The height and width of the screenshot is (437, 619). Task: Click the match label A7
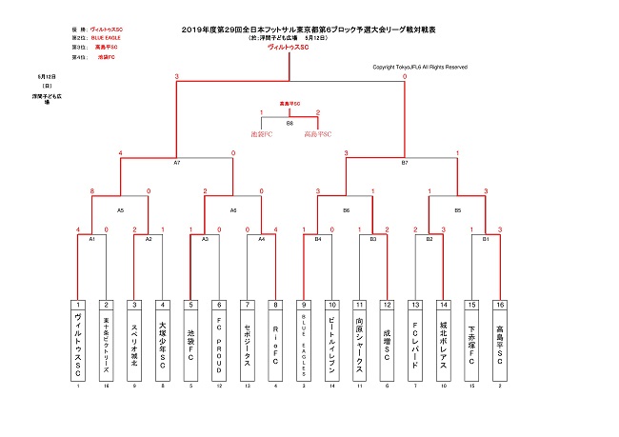[x=176, y=163]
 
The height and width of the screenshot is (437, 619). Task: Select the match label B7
[x=404, y=163]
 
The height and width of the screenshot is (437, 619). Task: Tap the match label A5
[x=120, y=209]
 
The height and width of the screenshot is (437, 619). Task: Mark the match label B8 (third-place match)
[x=290, y=123]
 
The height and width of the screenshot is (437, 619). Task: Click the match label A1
[x=91, y=239]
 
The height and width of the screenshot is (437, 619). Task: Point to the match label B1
[x=486, y=239]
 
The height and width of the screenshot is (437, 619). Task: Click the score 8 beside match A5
[x=91, y=191]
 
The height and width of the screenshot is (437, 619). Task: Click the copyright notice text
[x=419, y=67]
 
